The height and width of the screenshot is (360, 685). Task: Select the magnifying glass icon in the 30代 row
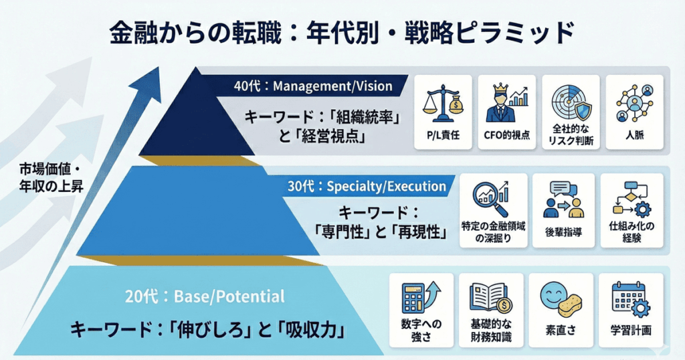coord(490,196)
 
